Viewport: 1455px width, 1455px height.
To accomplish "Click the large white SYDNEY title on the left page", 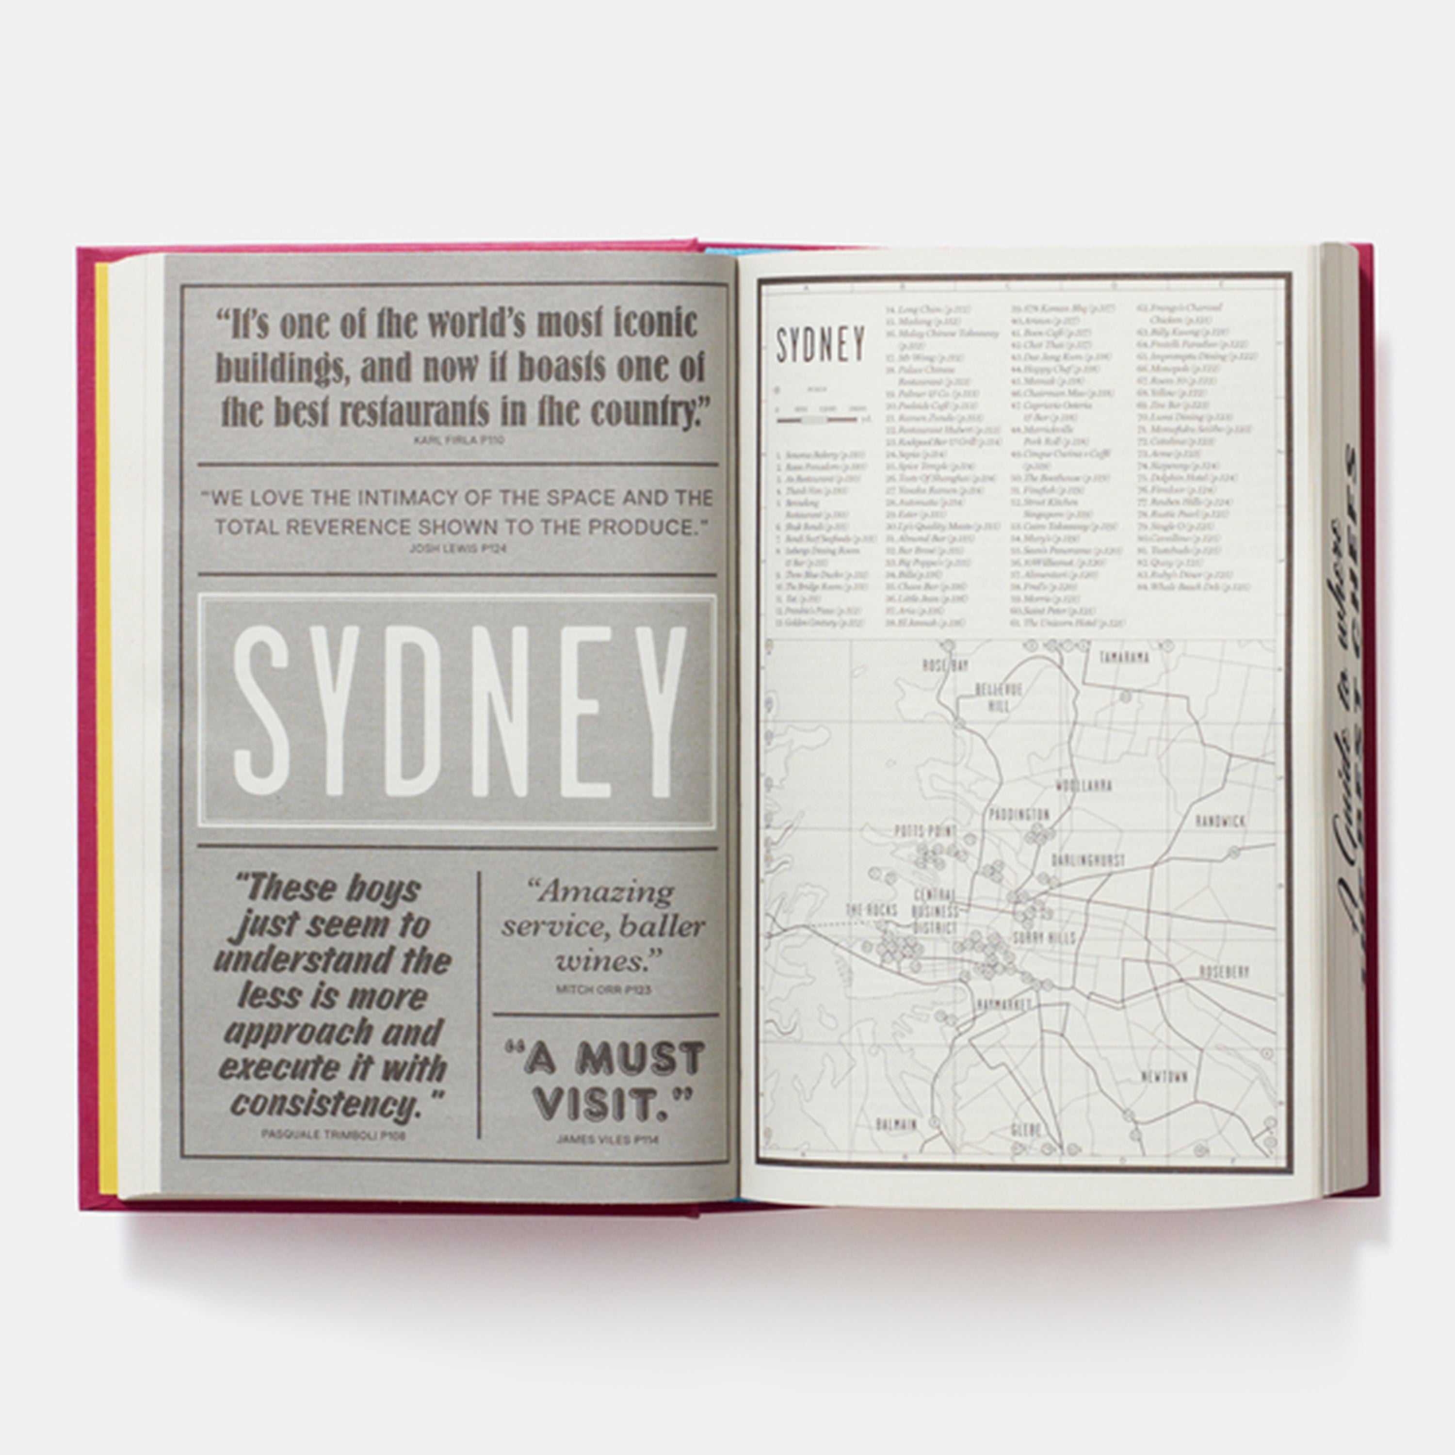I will pos(458,711).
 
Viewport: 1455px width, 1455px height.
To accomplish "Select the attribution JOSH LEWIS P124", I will pos(457,548).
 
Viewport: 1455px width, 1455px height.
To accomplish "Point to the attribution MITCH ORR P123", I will pos(603,989).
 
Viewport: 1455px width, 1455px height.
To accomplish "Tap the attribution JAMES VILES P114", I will pos(607,1139).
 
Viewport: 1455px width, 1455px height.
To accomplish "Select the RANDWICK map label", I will pos(1221,821).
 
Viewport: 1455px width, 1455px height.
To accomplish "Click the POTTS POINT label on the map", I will pos(925,831).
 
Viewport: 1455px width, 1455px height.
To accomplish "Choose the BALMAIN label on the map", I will pos(897,1125).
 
